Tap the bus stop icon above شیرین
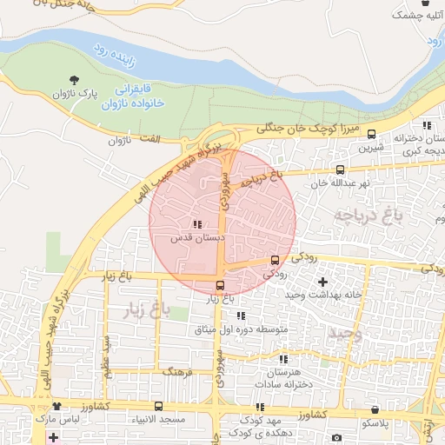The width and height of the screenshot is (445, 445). [x=372, y=134]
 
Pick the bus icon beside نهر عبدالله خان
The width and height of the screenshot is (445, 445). [x=340, y=170]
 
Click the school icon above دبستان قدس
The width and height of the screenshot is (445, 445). [x=196, y=223]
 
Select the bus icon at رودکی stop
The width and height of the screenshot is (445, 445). [x=276, y=260]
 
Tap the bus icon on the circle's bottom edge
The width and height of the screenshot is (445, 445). [x=219, y=285]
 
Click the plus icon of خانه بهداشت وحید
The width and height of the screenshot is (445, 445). [x=323, y=282]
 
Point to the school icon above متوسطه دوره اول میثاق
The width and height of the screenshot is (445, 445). [x=241, y=315]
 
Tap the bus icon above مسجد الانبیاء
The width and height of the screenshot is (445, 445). [x=158, y=406]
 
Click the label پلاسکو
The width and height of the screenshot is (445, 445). [x=375, y=422]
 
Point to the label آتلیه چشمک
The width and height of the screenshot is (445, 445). [x=415, y=15]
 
